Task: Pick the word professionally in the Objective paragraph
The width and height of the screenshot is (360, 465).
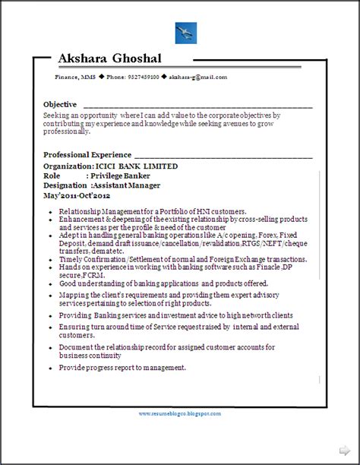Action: point(67,132)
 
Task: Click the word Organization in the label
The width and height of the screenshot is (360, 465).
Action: point(71,166)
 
